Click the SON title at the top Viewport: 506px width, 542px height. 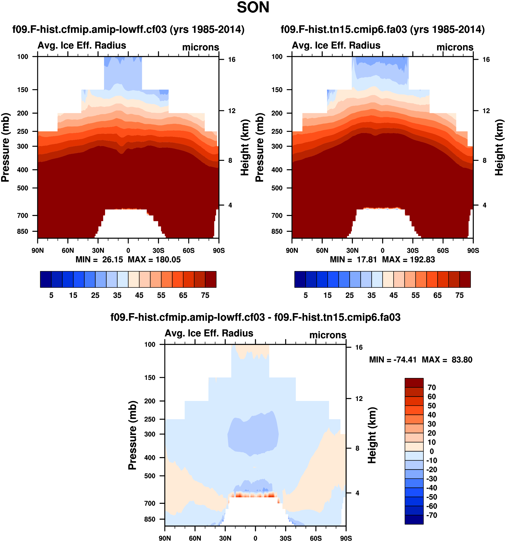click(x=253, y=8)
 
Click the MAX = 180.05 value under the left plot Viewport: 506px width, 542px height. click(x=154, y=260)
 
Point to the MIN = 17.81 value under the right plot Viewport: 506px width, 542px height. click(x=353, y=260)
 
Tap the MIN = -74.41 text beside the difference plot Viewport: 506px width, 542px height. click(x=393, y=360)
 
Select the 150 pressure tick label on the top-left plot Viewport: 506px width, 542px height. click(x=23, y=90)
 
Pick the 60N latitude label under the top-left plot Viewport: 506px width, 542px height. click(x=68, y=250)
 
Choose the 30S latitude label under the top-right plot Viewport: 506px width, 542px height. click(x=413, y=250)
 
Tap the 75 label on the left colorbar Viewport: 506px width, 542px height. click(x=205, y=295)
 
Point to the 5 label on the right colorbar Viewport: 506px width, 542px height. click(x=306, y=295)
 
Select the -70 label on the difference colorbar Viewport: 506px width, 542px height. click(x=432, y=515)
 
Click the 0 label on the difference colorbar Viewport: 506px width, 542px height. click(x=432, y=451)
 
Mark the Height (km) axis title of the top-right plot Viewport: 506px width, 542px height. click(x=499, y=147)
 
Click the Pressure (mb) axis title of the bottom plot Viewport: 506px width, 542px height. click(x=132, y=435)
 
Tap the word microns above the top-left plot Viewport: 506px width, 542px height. click(x=200, y=47)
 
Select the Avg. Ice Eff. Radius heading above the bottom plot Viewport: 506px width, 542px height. click(x=209, y=333)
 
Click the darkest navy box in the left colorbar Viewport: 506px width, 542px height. click(x=46, y=279)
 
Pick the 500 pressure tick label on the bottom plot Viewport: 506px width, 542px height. click(x=150, y=476)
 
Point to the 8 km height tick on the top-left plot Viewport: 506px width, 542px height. click(x=230, y=161)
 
